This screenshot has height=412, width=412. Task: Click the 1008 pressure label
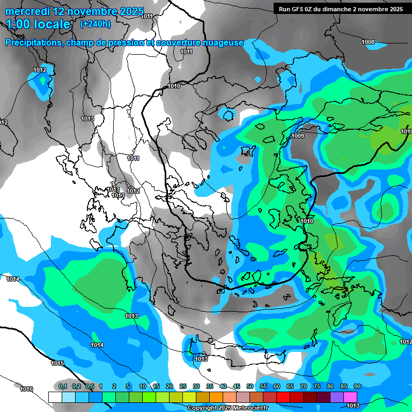coord(368,42)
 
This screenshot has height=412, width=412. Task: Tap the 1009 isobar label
coord(298,136)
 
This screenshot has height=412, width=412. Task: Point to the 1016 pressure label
coord(26,389)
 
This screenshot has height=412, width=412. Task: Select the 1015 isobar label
coord(57,363)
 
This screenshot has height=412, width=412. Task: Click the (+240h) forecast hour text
coord(95,24)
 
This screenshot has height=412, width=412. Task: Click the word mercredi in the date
coord(28,11)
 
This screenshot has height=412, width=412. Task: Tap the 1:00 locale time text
coord(38,24)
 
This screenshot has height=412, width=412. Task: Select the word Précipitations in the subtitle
coord(31,42)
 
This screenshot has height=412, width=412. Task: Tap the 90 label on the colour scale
coord(357,386)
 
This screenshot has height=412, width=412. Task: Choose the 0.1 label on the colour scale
coord(62,386)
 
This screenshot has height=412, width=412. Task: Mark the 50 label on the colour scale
coord(250,386)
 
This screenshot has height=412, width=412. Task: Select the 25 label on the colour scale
coord(183,386)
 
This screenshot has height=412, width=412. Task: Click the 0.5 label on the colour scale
coord(89,386)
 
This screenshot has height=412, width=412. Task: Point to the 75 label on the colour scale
coord(317,386)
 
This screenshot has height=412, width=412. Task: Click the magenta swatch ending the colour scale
coord(350,397)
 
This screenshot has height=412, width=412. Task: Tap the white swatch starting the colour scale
coord(55,397)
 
